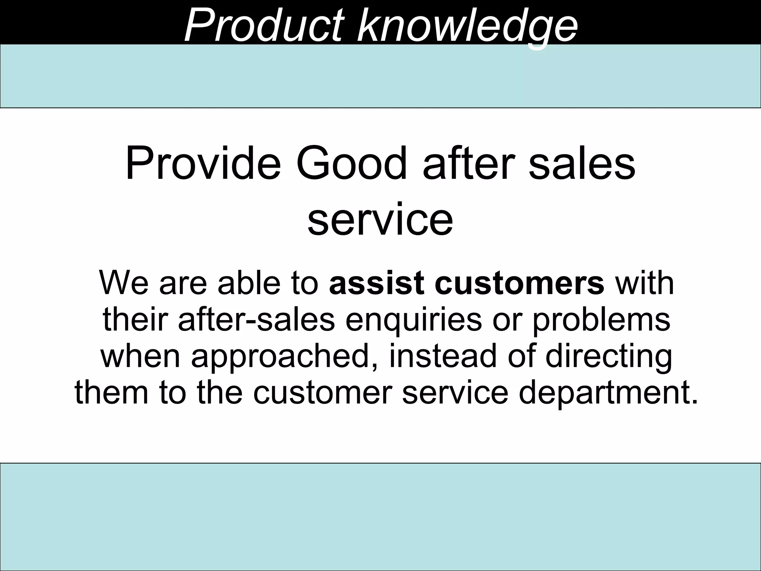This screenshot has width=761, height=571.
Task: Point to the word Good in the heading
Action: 352,164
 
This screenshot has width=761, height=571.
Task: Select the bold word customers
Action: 519,283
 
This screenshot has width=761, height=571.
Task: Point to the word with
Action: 644,283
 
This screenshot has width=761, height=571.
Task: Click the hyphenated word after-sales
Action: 257,320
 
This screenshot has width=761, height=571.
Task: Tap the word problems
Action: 601,320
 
